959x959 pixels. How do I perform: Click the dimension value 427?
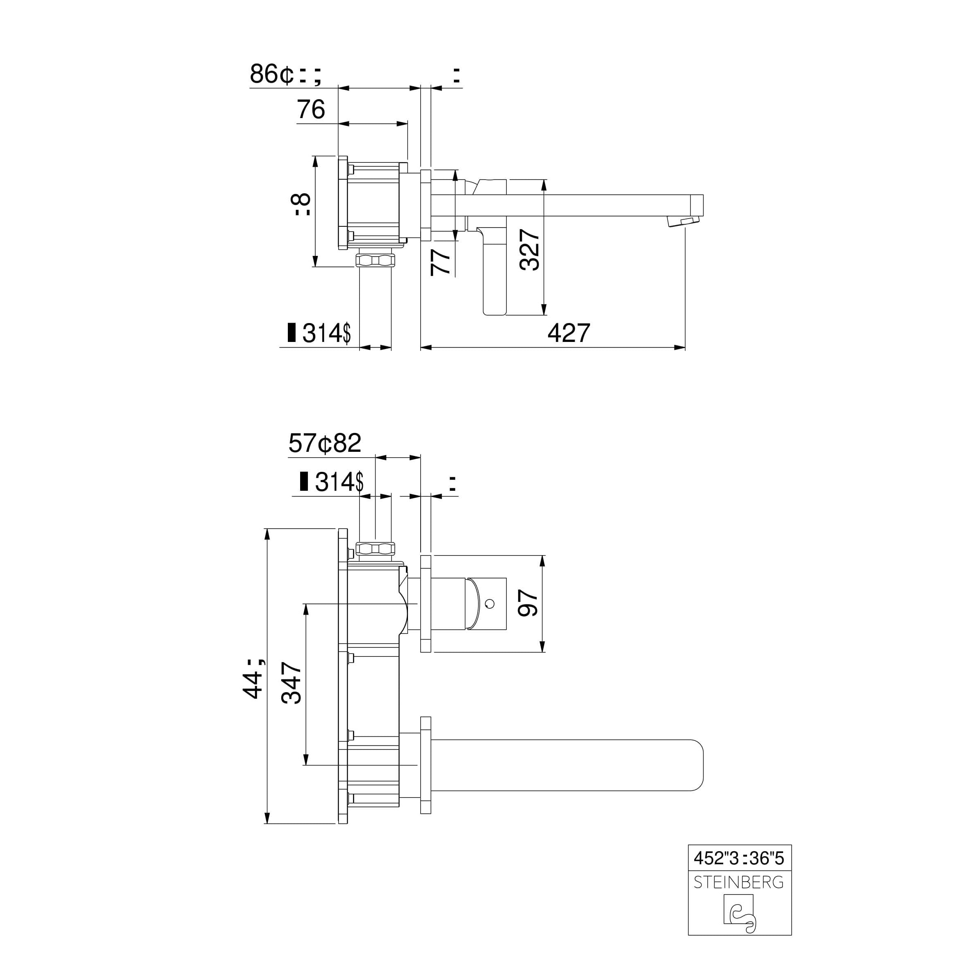pos(568,333)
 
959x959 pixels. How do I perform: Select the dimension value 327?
pos(530,250)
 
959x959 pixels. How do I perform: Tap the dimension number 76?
pos(311,109)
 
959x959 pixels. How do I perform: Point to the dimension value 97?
pos(528,603)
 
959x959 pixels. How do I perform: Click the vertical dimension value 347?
pos(292,683)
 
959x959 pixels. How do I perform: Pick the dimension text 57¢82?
pos(325,443)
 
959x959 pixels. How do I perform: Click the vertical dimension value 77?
pos(440,262)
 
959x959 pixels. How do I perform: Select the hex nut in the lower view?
pos(375,548)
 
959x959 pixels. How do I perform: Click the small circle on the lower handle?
pos(490,604)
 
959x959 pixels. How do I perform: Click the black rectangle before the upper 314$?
pos(292,333)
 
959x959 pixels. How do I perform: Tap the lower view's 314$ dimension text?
pos(339,481)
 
